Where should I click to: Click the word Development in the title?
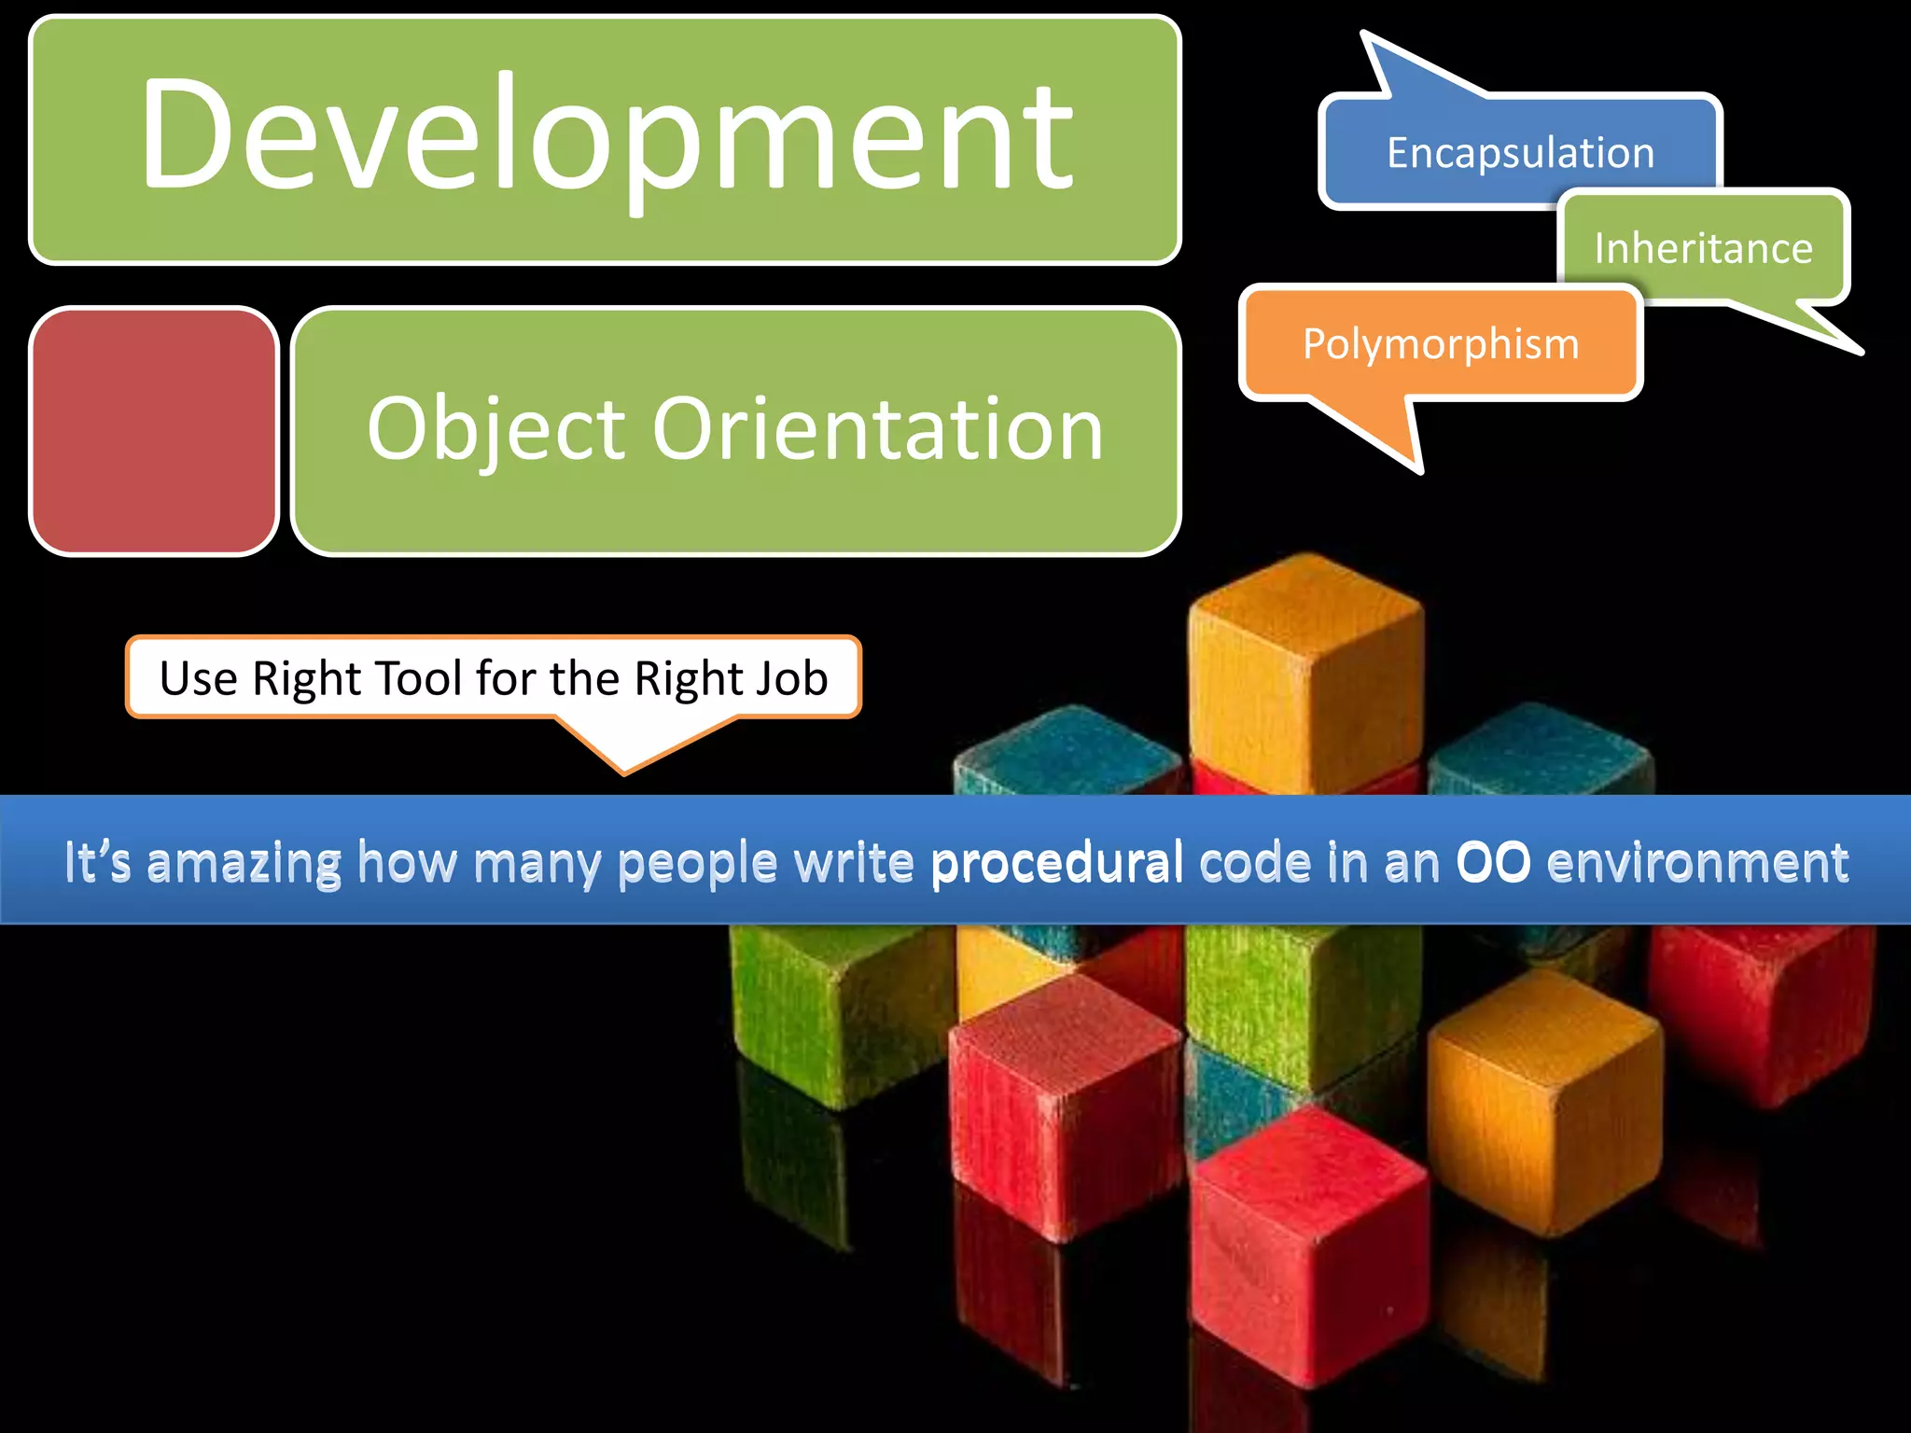[607, 135]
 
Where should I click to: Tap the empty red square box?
[154, 431]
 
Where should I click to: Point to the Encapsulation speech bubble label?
[1520, 153]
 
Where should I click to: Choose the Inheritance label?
[1703, 248]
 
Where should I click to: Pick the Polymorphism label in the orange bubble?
[1441, 344]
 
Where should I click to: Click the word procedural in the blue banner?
[1056, 862]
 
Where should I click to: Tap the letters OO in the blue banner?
[1493, 862]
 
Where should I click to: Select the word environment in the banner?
[1697, 862]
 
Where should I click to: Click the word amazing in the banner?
[244, 862]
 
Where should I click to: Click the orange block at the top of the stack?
[1306, 672]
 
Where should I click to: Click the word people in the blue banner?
[697, 862]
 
